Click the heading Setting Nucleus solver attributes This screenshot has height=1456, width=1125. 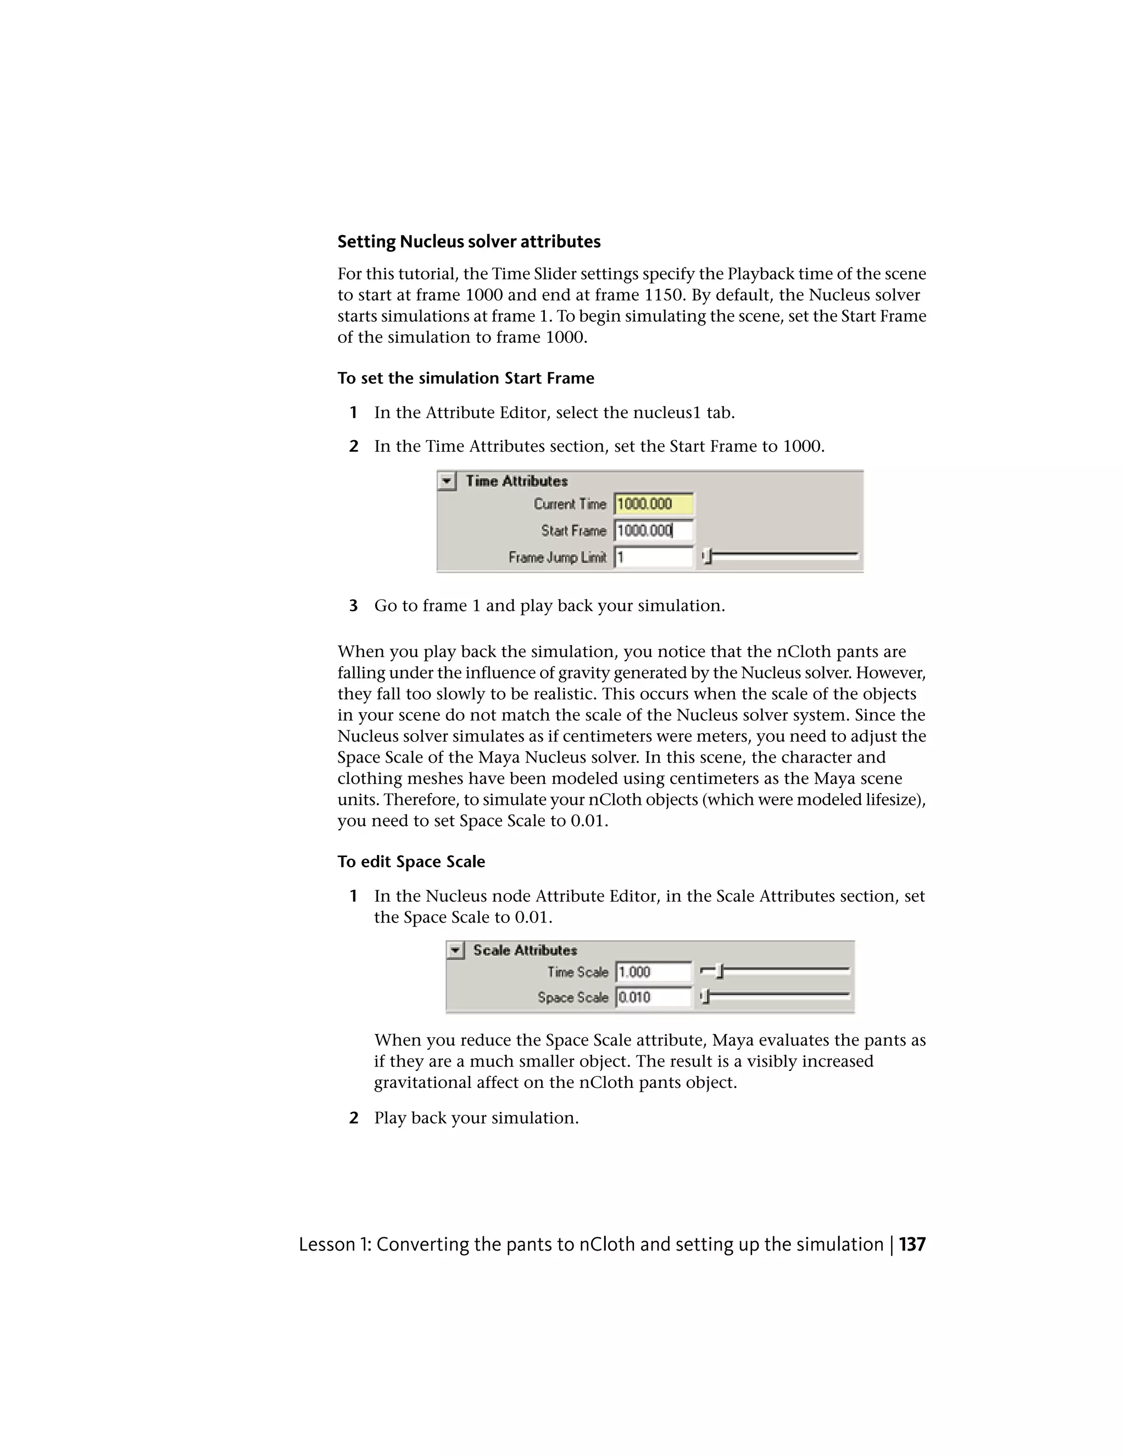click(x=469, y=241)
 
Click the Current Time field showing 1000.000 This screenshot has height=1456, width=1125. click(x=653, y=504)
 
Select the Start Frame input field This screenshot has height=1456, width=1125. click(x=653, y=531)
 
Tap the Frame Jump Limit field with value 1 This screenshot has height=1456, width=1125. click(x=653, y=557)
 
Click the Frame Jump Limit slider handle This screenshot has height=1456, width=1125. click(x=708, y=556)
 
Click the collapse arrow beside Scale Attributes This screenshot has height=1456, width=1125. click(x=456, y=950)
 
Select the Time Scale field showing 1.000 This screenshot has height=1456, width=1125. click(x=653, y=972)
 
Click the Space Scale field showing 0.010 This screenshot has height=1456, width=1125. click(x=653, y=997)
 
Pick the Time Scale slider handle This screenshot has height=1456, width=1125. click(x=720, y=972)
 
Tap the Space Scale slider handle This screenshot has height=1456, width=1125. click(x=706, y=997)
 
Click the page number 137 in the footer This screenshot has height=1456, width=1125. click(x=912, y=1244)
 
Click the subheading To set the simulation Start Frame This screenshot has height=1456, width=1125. click(x=465, y=378)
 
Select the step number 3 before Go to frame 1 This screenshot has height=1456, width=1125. click(x=353, y=605)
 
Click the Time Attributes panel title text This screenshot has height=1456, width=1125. click(x=516, y=481)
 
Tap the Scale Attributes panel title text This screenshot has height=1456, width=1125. click(x=525, y=950)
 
